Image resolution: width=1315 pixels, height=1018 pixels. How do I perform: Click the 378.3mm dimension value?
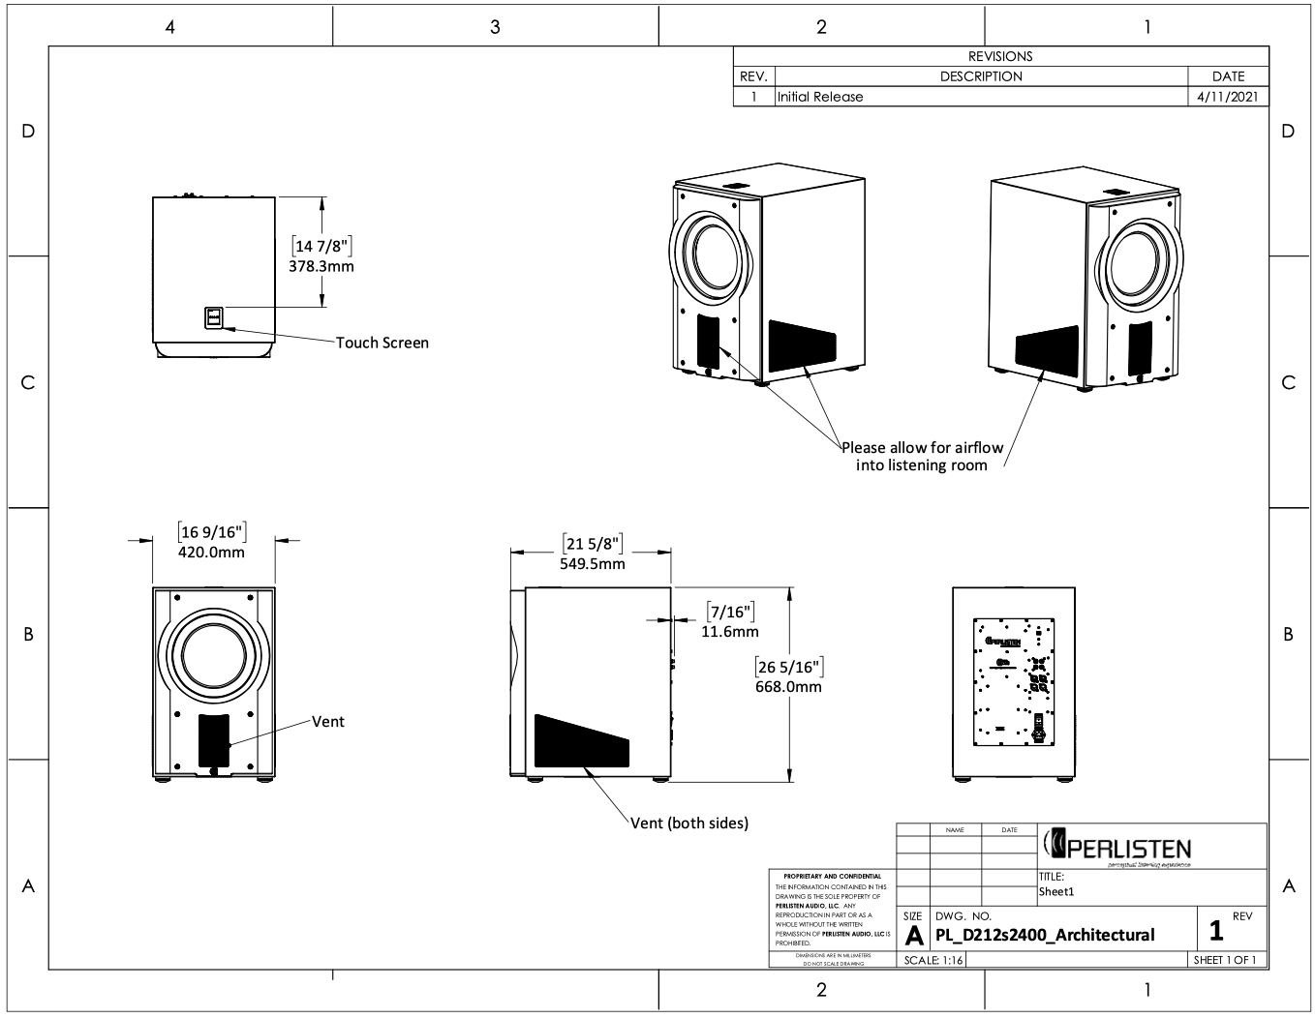coord(321,266)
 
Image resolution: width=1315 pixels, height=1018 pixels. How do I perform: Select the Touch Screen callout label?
coord(382,343)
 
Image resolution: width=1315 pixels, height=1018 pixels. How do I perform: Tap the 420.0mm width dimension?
coord(211,553)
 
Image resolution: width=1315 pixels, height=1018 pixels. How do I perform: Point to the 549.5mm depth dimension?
coord(592,563)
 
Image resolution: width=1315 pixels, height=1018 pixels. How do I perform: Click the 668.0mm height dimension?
coord(787,687)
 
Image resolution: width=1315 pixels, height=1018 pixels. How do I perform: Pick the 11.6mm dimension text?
coord(729,631)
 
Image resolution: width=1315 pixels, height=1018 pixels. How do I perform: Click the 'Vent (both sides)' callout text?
coord(688,823)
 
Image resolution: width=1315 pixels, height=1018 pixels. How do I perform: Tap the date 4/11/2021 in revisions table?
coord(1228,97)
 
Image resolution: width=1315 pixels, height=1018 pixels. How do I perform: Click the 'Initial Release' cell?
coord(819,97)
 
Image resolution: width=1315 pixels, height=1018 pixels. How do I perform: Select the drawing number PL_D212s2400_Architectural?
coord(1045,934)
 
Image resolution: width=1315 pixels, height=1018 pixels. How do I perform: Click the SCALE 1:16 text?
coord(933,960)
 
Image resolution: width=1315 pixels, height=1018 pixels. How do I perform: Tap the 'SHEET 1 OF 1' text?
coord(1225,960)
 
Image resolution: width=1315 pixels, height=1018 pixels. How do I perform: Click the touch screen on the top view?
coord(213,317)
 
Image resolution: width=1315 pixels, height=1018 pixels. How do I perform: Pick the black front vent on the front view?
coord(213,742)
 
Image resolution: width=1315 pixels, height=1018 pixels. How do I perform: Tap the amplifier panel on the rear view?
coord(1013,683)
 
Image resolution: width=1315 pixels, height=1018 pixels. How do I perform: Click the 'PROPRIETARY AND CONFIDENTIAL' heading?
coord(831,877)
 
